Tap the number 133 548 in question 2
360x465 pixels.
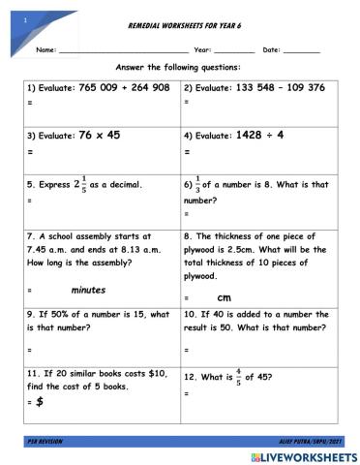coord(256,87)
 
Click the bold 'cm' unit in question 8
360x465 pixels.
coord(224,296)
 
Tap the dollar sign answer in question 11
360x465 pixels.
coord(40,401)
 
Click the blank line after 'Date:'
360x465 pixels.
coord(301,48)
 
